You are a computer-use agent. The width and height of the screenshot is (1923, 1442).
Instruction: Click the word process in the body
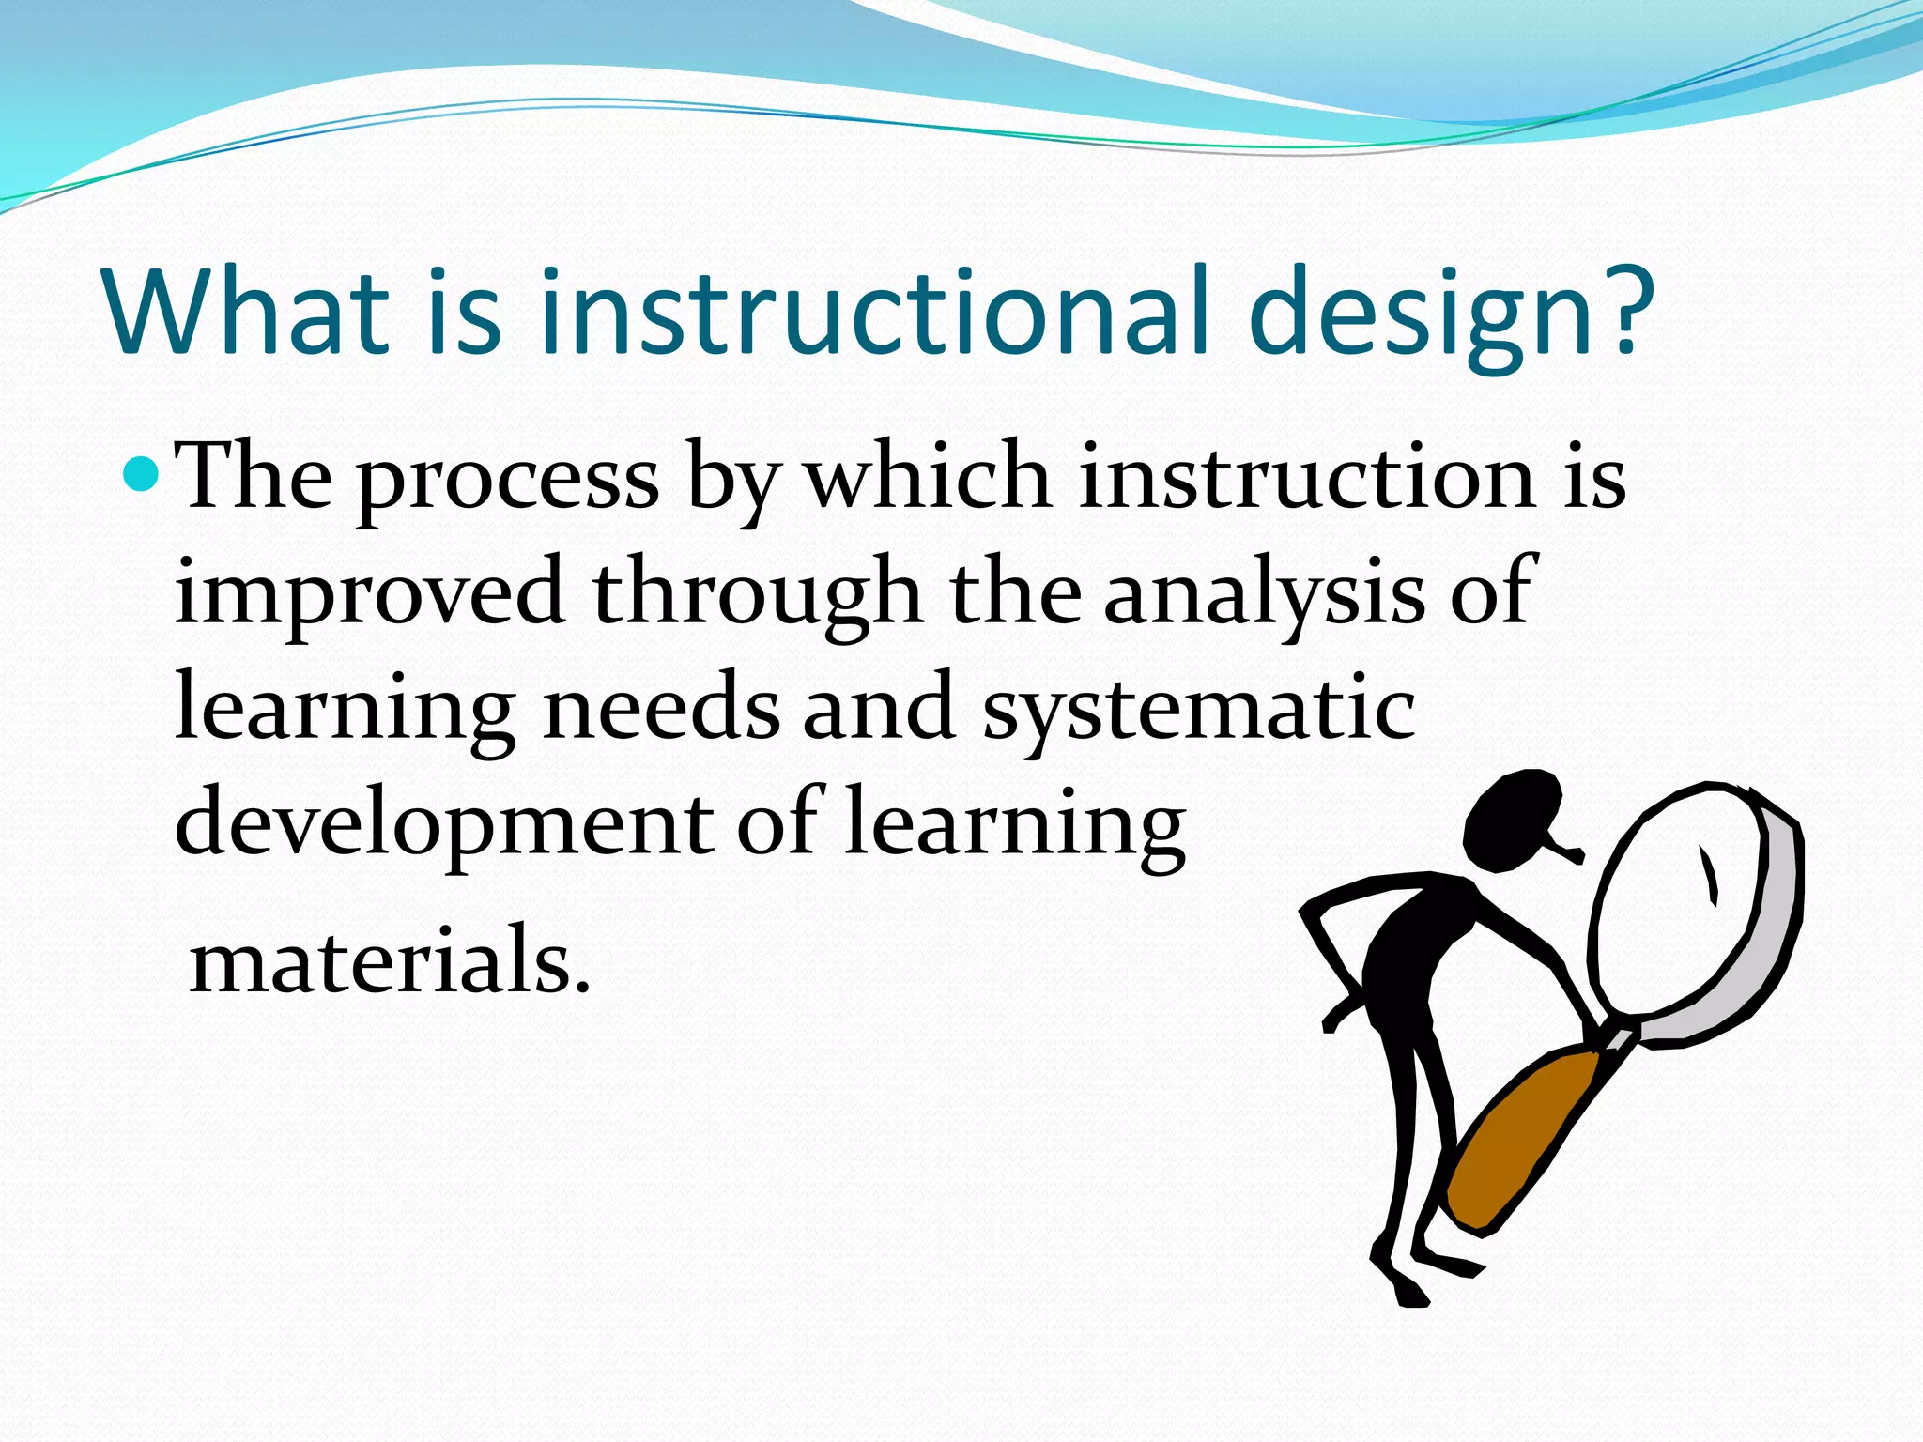(x=507, y=481)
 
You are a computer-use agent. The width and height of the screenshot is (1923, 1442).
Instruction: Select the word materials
(x=390, y=959)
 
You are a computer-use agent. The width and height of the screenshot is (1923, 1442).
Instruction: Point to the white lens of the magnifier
(x=1681, y=901)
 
